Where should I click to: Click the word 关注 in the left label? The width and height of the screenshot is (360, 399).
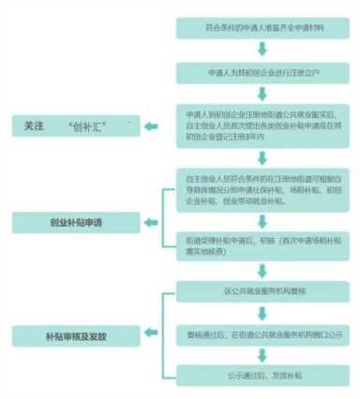click(35, 125)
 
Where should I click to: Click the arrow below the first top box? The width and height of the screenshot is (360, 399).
click(262, 50)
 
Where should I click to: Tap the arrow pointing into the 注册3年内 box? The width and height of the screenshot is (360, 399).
click(262, 93)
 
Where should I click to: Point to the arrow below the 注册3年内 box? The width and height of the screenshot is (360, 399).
click(262, 155)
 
